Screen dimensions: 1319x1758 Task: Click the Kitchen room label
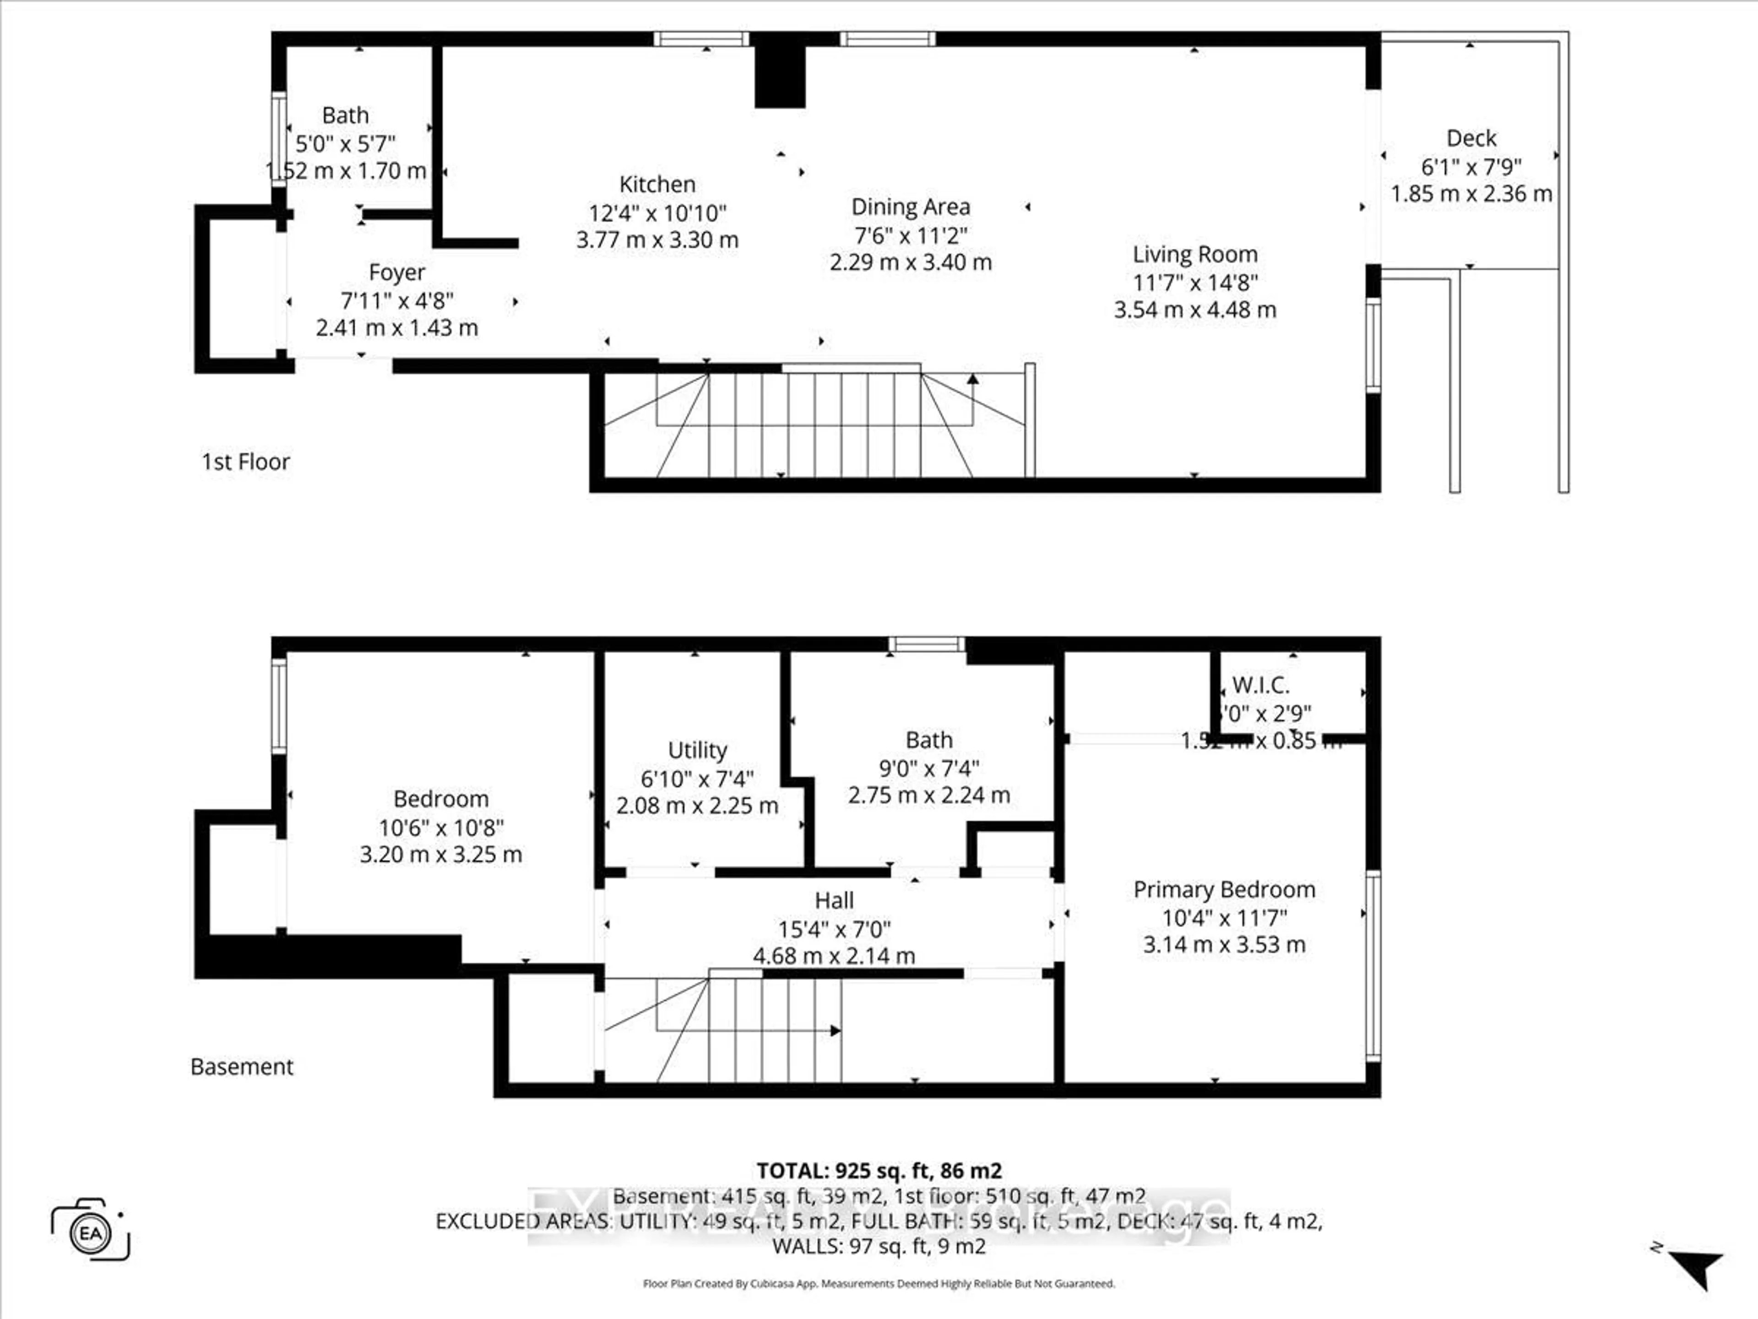coord(657,185)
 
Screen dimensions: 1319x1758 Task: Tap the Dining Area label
coord(911,207)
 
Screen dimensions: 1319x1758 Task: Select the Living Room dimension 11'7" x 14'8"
coord(1194,282)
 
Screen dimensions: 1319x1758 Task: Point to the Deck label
coord(1471,138)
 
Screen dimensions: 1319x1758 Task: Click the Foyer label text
coord(396,273)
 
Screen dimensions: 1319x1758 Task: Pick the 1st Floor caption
coord(245,462)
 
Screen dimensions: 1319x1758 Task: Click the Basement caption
coord(242,1067)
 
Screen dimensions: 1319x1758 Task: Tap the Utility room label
coord(697,751)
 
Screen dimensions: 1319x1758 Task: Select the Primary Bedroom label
coord(1224,890)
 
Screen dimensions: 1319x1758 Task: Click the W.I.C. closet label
coord(1260,685)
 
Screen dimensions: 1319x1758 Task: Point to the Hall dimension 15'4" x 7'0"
coord(834,929)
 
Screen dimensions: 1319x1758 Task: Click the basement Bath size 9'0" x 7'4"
coord(928,768)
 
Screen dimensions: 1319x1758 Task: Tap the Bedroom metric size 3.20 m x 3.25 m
coord(440,855)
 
